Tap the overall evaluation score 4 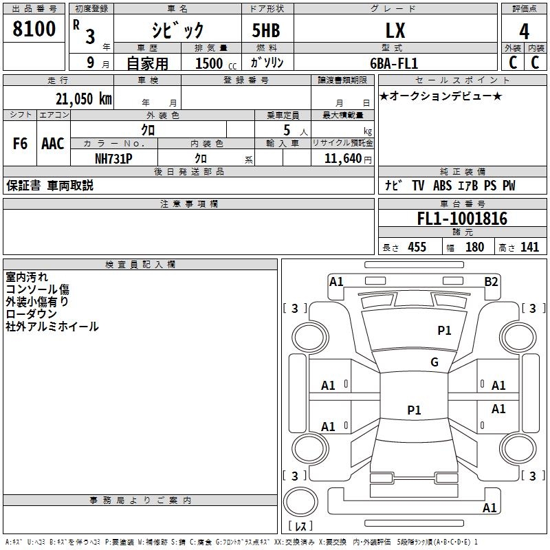pyautogui.click(x=525, y=31)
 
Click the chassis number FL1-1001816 pyautogui.click(x=462, y=219)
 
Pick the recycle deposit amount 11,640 pyautogui.click(x=342, y=158)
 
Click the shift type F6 pyautogui.click(x=21, y=144)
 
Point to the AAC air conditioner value pyautogui.click(x=53, y=144)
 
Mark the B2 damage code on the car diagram pyautogui.click(x=491, y=281)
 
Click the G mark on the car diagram pyautogui.click(x=434, y=362)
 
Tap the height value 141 pyautogui.click(x=529, y=247)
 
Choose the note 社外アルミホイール pyautogui.click(x=52, y=326)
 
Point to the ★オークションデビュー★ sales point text pyautogui.click(x=441, y=96)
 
